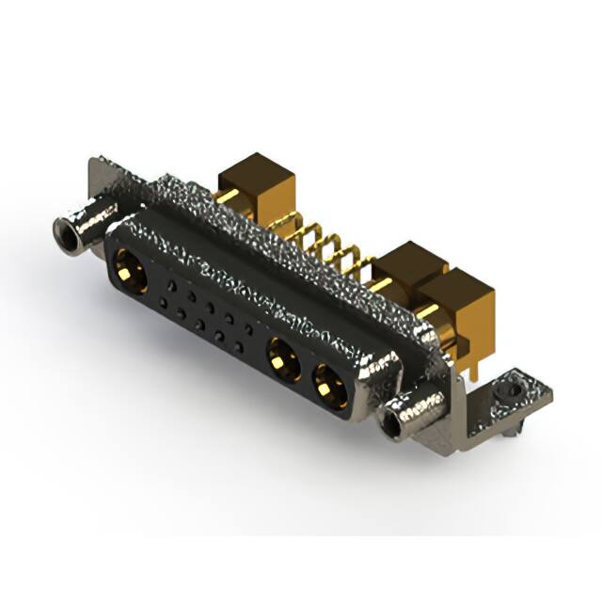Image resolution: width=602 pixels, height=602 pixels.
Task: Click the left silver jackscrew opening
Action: (x=67, y=230)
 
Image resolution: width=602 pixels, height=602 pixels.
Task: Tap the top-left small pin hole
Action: (x=169, y=283)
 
